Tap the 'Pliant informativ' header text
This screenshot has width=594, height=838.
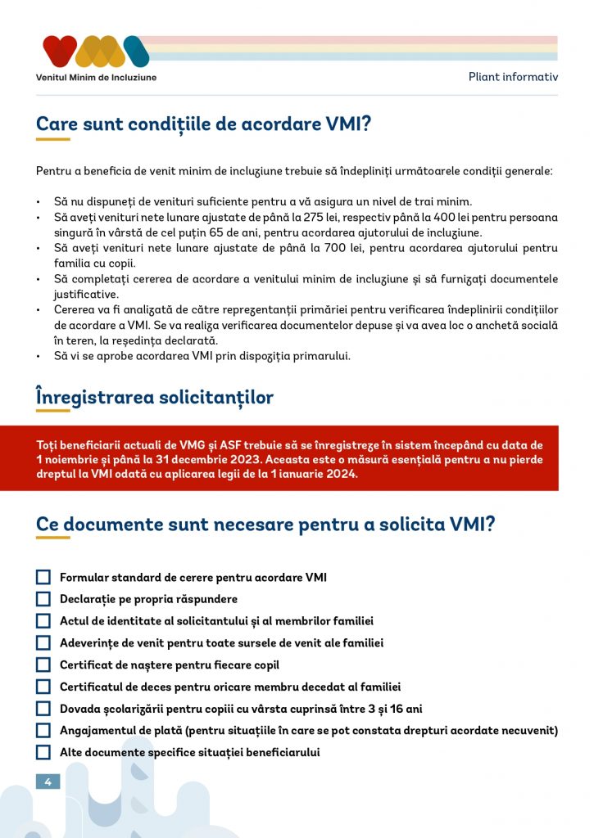(x=513, y=77)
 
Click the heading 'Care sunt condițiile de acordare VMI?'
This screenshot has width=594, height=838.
(x=203, y=124)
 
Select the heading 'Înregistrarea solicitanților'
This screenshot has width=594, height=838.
(x=155, y=398)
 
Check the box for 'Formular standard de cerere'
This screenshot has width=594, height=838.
(x=43, y=577)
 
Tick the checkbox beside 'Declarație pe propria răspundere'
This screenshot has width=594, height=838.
(x=43, y=599)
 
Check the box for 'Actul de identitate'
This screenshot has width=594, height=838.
(x=43, y=621)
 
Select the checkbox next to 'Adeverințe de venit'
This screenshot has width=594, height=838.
(x=43, y=643)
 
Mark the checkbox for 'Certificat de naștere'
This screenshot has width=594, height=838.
(x=43, y=665)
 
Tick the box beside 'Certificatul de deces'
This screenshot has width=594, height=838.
(x=43, y=687)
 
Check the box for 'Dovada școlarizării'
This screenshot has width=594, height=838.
(x=43, y=709)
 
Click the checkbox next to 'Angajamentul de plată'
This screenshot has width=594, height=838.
(x=43, y=730)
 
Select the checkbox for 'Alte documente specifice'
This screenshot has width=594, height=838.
(x=43, y=752)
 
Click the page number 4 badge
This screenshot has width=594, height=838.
(x=48, y=782)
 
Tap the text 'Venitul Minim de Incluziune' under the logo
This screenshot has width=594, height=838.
(x=96, y=78)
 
